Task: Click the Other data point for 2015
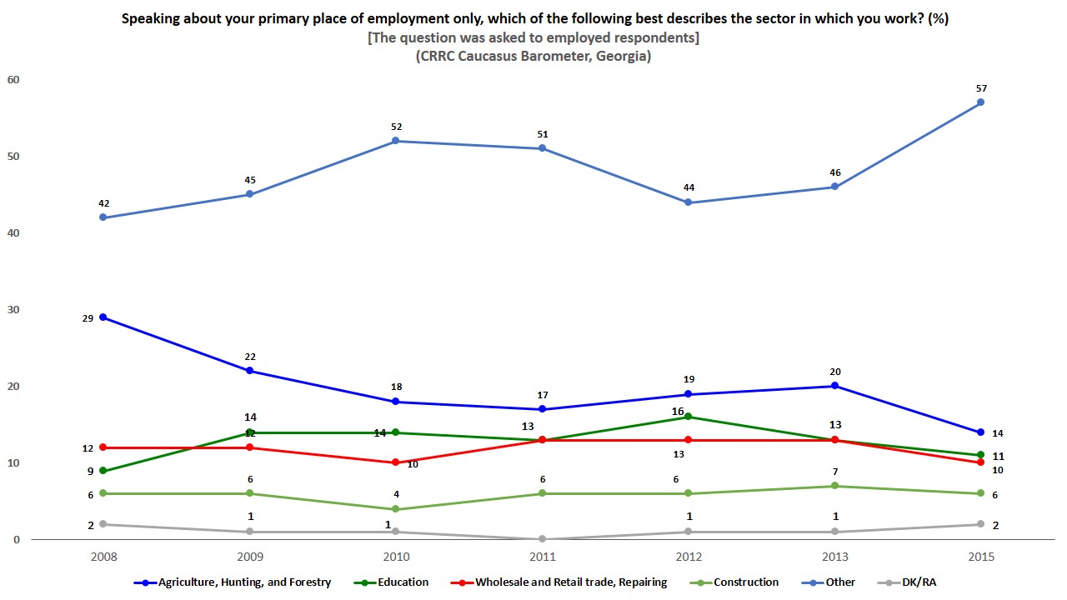980,102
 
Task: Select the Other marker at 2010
396,141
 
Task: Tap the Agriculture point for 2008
103,317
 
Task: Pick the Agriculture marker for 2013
834,386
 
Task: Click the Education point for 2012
688,417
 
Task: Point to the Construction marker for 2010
396,509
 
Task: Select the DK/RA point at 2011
542,539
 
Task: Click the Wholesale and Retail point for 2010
396,463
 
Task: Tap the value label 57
980,88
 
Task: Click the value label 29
87,317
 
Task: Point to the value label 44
689,188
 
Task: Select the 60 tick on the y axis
13,80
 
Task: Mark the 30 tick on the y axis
13,310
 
